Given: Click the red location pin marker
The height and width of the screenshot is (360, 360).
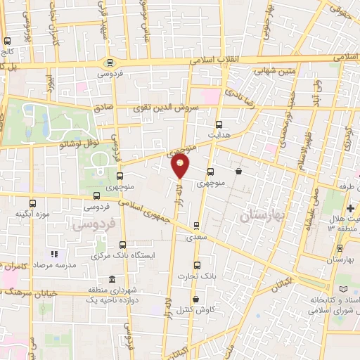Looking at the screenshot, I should pyautogui.click(x=180, y=166).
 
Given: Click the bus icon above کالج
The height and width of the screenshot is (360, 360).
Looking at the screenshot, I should pyautogui.click(x=6, y=40).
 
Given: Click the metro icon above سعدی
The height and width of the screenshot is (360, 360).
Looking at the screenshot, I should pyautogui.click(x=196, y=226).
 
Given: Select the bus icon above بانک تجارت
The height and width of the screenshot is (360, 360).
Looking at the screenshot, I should pyautogui.click(x=196, y=265).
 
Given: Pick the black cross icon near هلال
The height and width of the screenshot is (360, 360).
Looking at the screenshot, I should pyautogui.click(x=350, y=209).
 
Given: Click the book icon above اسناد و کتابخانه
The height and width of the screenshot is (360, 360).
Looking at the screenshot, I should pyautogui.click(x=344, y=289).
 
